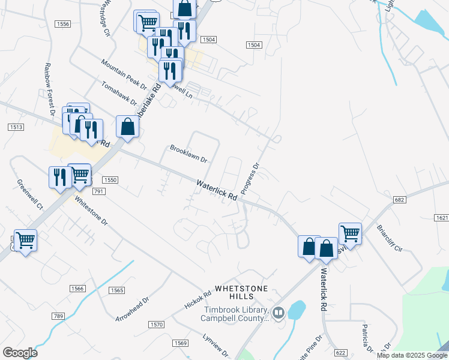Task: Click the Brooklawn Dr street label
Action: [x=188, y=154]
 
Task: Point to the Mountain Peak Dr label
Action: [x=123, y=75]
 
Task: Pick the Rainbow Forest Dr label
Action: [x=49, y=90]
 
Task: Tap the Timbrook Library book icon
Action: [x=277, y=312]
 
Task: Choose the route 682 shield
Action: [x=400, y=199]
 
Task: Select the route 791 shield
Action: [x=99, y=191]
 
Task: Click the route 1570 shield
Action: [x=157, y=325]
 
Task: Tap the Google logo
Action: [x=20, y=353]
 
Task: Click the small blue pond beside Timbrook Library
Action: [x=296, y=310]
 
